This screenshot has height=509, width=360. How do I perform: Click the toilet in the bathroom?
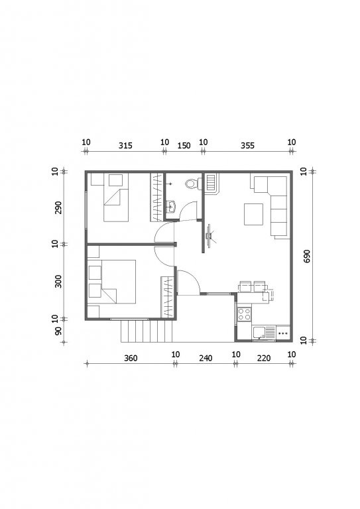[192, 184]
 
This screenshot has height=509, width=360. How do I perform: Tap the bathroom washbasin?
[170, 207]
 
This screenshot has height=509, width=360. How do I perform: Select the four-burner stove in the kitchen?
[244, 314]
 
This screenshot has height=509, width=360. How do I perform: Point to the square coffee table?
[253, 214]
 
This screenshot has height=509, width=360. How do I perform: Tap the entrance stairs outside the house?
[147, 331]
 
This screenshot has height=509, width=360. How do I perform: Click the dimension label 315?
[125, 146]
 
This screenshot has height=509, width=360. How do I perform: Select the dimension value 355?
[247, 146]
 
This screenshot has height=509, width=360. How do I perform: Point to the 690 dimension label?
[307, 256]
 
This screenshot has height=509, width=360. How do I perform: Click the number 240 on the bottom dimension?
[206, 358]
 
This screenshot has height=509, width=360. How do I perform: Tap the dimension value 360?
[131, 358]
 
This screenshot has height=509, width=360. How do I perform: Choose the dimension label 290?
[58, 207]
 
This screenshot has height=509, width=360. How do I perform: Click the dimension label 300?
[58, 282]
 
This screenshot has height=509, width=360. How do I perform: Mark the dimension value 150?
[184, 146]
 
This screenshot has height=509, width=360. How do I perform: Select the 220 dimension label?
[264, 358]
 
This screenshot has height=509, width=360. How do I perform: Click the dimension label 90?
[58, 331]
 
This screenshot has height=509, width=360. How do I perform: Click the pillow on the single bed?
[115, 180]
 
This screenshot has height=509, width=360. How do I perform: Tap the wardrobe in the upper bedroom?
[156, 198]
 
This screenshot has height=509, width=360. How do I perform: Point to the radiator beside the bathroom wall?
[211, 184]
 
